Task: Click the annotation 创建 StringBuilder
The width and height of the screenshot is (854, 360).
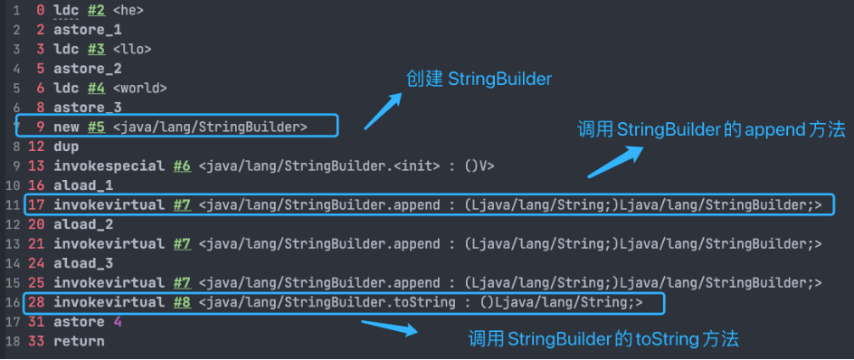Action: coord(479,80)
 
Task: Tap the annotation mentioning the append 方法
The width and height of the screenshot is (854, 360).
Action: coord(711,129)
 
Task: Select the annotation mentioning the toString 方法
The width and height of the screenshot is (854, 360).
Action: coord(603,339)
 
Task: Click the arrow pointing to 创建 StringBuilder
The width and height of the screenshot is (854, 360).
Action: coord(383,111)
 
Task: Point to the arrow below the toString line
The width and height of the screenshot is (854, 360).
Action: coord(389,327)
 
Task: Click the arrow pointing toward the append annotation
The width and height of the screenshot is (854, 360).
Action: coord(615,161)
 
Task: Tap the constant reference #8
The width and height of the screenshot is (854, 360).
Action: coord(183,302)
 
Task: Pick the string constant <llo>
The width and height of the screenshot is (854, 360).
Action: coord(132,49)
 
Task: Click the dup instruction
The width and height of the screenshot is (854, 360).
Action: coord(66,147)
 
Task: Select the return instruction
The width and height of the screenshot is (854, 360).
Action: coord(79,342)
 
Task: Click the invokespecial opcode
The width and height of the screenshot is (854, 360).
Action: coord(109,166)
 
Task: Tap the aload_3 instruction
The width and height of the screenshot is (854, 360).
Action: coord(83,263)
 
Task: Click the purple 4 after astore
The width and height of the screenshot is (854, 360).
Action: coord(117,322)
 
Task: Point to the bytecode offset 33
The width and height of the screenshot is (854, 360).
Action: coord(36,342)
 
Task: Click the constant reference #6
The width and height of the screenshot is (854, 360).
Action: coord(183,166)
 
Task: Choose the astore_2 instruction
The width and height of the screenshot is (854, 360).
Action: coord(87,69)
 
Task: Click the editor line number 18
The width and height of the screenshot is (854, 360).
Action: coord(13,342)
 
